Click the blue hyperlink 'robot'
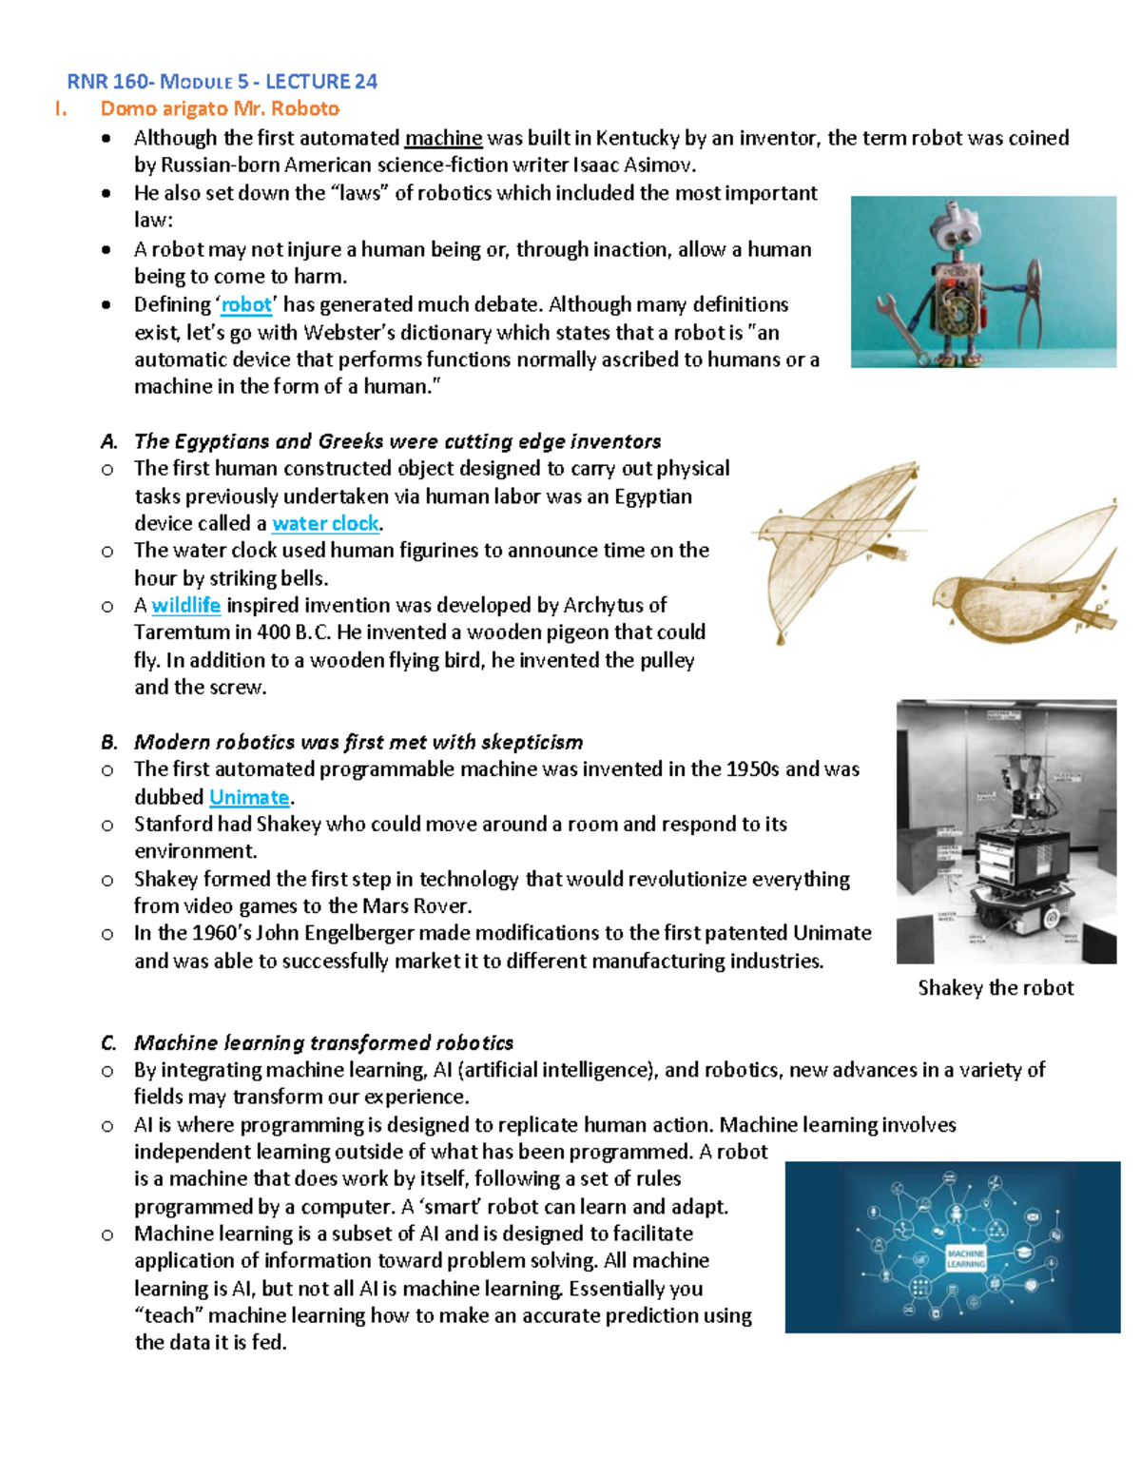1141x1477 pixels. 246,304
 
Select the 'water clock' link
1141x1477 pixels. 325,523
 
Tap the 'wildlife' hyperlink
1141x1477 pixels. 186,605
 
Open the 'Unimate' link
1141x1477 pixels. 249,797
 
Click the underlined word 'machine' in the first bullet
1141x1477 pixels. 443,138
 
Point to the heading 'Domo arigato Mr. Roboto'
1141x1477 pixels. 220,108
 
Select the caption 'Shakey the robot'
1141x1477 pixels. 996,987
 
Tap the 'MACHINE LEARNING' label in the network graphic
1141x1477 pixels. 966,1259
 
